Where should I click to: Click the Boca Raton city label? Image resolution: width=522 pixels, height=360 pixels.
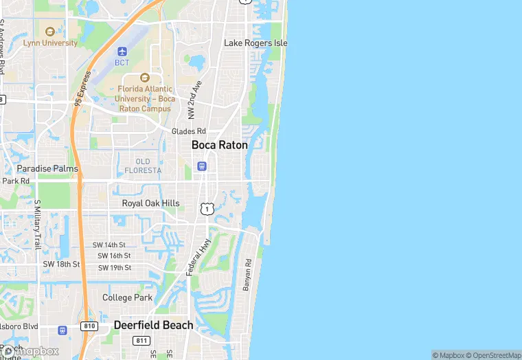click(x=219, y=145)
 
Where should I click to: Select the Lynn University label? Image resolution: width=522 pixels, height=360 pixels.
click(x=50, y=43)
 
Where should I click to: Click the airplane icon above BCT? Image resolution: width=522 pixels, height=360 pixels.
click(x=122, y=52)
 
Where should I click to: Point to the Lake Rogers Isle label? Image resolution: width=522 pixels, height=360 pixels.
click(x=256, y=43)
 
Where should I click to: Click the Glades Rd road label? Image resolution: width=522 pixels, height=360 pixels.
click(x=189, y=131)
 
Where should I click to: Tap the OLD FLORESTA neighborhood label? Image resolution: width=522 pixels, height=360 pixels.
click(x=143, y=166)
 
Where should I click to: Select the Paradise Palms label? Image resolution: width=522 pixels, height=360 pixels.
click(x=47, y=168)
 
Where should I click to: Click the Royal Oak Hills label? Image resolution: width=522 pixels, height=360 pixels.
click(x=150, y=203)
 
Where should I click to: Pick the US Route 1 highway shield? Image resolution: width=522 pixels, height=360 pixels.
click(x=207, y=207)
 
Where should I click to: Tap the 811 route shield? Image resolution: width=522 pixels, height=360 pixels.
click(x=142, y=341)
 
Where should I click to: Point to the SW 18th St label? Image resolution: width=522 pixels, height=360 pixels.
click(x=61, y=264)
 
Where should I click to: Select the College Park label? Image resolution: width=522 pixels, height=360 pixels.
click(x=127, y=297)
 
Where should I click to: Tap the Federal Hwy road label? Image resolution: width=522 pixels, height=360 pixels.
click(x=198, y=258)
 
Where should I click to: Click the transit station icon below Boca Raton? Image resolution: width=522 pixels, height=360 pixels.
click(x=201, y=166)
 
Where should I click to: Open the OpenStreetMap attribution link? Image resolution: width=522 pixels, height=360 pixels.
click(x=493, y=355)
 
